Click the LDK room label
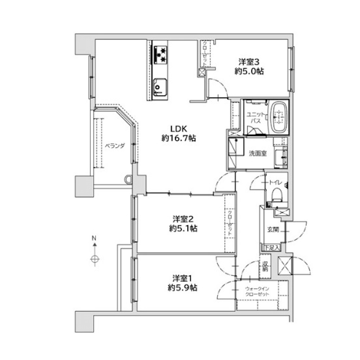(x=179, y=129)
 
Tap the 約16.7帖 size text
(x=179, y=138)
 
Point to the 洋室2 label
(x=183, y=219)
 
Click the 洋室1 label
(x=183, y=278)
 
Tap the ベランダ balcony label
(x=115, y=146)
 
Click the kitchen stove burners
(x=161, y=55)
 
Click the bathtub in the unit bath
(x=279, y=117)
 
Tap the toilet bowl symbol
(x=276, y=195)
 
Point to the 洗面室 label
(x=258, y=154)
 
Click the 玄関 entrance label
(x=273, y=229)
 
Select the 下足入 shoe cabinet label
(x=272, y=248)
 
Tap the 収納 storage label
(x=265, y=266)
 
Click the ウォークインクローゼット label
(x=257, y=292)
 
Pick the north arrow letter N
(x=94, y=238)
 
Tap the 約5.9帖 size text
(x=183, y=288)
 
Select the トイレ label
(x=275, y=183)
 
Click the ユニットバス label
(x=256, y=118)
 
